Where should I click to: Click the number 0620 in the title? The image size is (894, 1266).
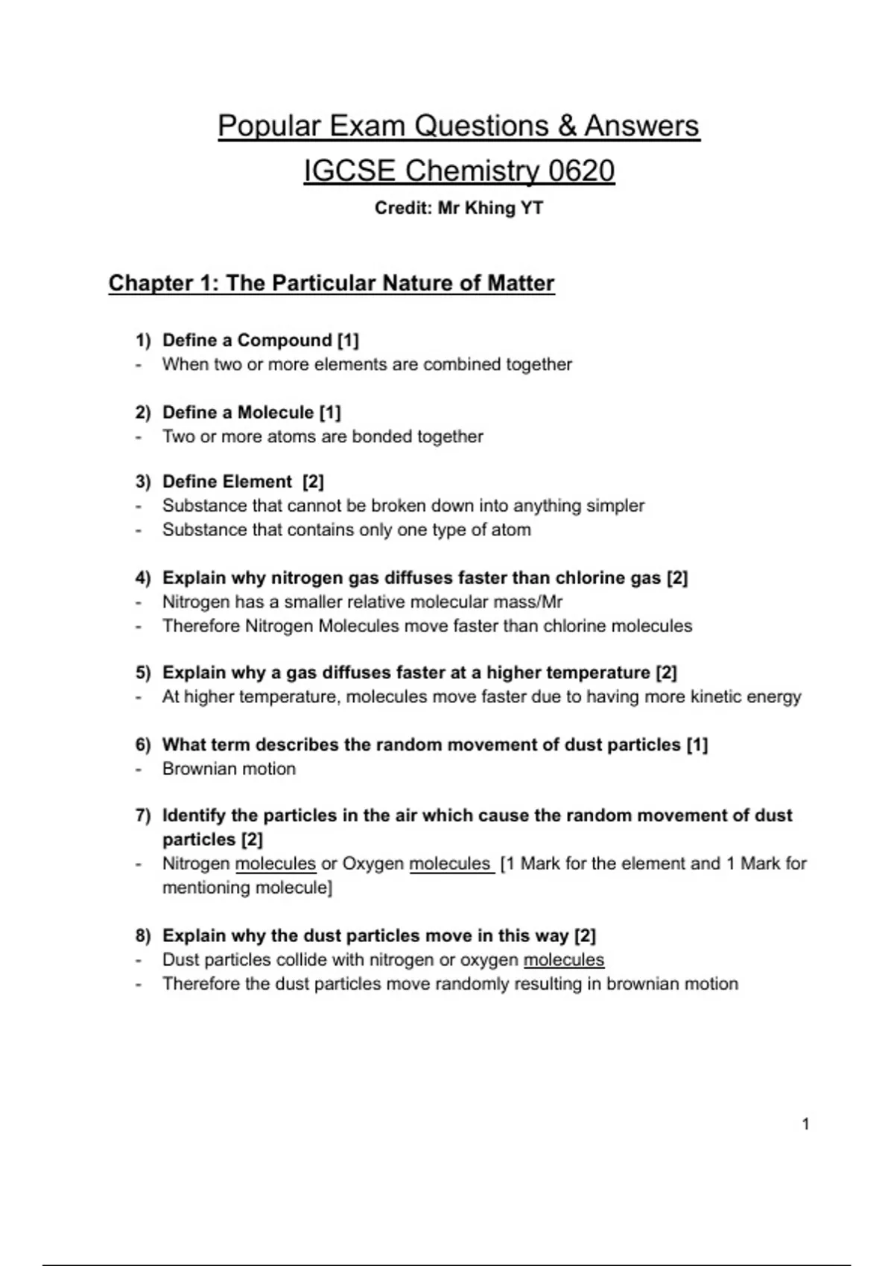(x=581, y=171)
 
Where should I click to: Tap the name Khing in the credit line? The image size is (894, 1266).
(x=489, y=208)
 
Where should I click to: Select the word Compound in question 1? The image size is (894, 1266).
(x=285, y=340)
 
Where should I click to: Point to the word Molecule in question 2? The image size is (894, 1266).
(x=276, y=413)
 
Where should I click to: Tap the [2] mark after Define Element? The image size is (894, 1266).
(x=313, y=482)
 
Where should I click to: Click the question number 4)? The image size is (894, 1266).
(x=143, y=578)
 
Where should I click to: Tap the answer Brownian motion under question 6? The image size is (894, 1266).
(x=229, y=769)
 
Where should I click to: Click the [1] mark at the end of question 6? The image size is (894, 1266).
(x=697, y=745)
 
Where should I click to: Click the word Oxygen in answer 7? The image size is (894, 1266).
(x=373, y=864)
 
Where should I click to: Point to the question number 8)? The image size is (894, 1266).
(x=143, y=936)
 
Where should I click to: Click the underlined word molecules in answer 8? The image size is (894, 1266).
(x=564, y=960)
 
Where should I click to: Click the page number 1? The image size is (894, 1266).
(x=805, y=1124)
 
